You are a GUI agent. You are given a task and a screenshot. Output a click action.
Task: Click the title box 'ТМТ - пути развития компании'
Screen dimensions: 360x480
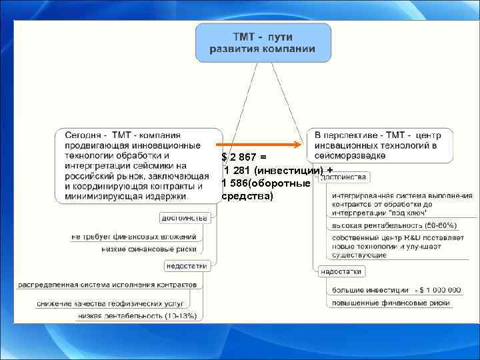(263, 43)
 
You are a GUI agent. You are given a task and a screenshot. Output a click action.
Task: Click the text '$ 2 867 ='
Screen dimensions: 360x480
(244, 157)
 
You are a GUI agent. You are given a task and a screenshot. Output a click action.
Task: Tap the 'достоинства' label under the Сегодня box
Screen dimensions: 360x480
(185, 218)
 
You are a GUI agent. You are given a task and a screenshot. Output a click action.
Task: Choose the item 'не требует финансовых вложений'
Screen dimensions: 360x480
(134, 236)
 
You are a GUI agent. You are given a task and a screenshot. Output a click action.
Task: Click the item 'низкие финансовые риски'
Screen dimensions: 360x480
(149, 249)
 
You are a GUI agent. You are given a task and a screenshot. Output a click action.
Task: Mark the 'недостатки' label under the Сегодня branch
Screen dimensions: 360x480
(186, 265)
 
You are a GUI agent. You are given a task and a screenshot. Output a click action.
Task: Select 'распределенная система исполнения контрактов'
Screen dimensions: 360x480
(107, 285)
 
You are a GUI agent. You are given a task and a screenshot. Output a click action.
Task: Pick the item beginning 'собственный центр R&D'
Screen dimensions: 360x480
(389, 247)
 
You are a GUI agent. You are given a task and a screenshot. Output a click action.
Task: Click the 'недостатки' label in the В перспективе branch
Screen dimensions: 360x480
(341, 271)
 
